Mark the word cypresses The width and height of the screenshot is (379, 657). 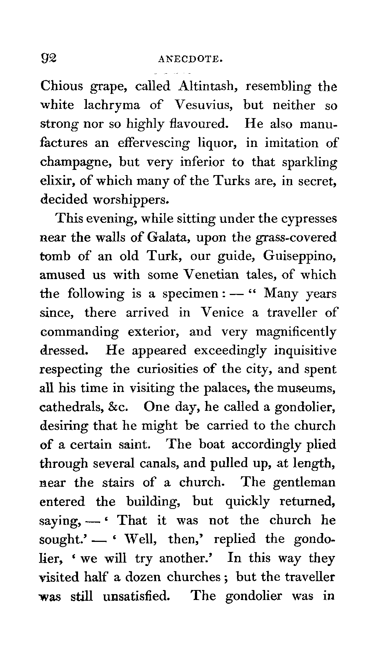[309, 219]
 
